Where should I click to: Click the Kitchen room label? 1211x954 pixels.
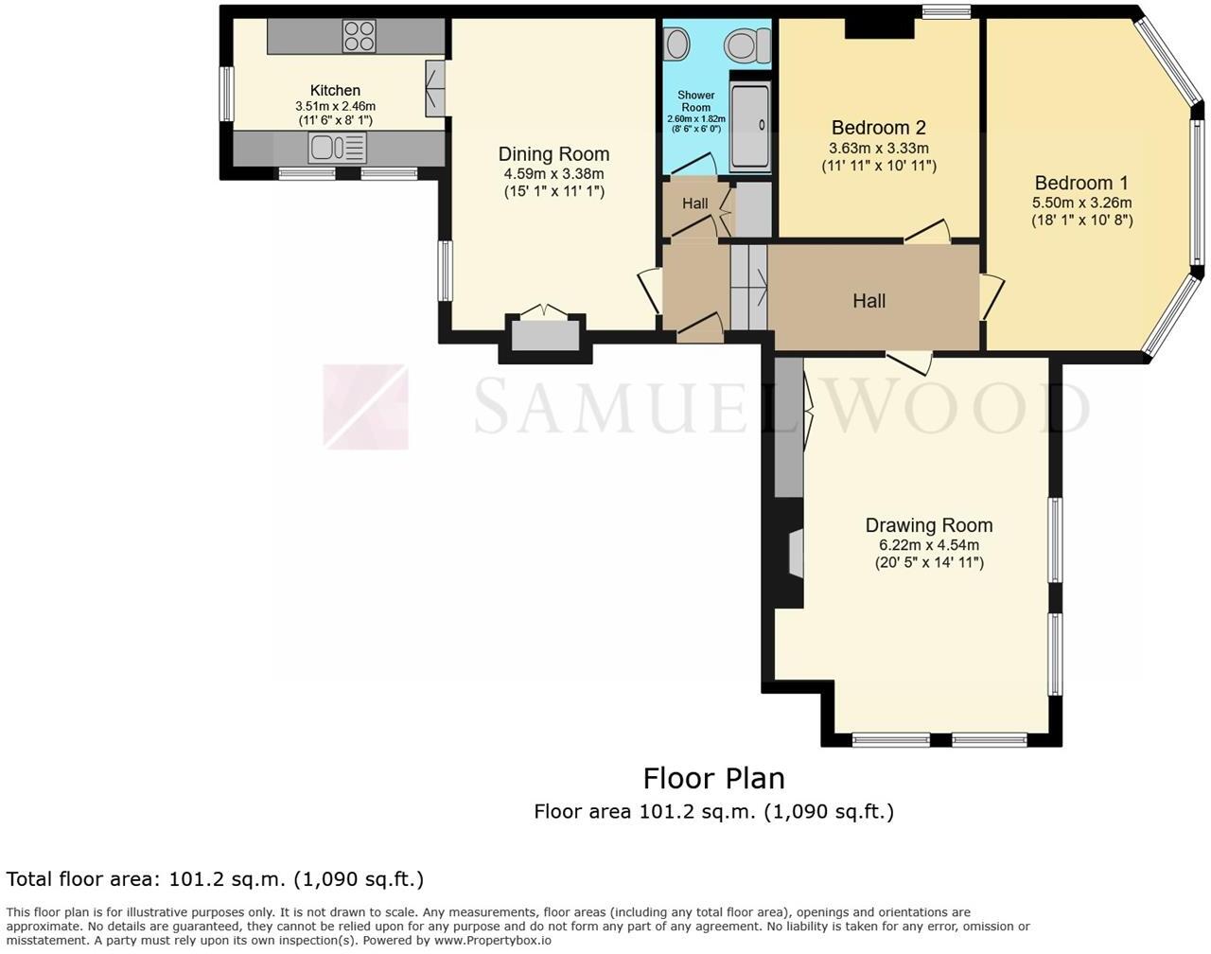pyautogui.click(x=335, y=90)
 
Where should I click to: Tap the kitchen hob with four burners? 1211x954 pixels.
pyautogui.click(x=359, y=36)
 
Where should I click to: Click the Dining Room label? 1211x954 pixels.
pyautogui.click(x=553, y=154)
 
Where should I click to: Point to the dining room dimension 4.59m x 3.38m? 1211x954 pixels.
pyautogui.click(x=553, y=174)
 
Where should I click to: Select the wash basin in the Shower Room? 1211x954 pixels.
pyautogui.click(x=676, y=43)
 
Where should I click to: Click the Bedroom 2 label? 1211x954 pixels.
pyautogui.click(x=878, y=128)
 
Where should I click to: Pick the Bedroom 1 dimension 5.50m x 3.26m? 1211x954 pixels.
pyautogui.click(x=1081, y=203)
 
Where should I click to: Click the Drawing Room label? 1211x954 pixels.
pyautogui.click(x=928, y=525)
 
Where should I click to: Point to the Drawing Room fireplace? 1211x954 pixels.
pyautogui.click(x=796, y=554)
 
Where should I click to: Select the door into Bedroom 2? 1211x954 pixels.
pyautogui.click(x=927, y=232)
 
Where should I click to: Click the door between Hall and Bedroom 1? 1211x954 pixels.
pyautogui.click(x=991, y=296)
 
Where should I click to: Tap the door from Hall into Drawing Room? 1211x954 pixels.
pyautogui.click(x=909, y=361)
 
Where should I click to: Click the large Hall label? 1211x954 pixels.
pyautogui.click(x=869, y=301)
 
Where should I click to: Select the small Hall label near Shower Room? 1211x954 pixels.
pyautogui.click(x=694, y=203)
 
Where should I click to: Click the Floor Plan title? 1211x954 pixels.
pyautogui.click(x=713, y=778)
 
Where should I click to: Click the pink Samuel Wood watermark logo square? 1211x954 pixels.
pyautogui.click(x=365, y=406)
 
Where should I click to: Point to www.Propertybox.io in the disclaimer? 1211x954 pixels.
pyautogui.click(x=492, y=941)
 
